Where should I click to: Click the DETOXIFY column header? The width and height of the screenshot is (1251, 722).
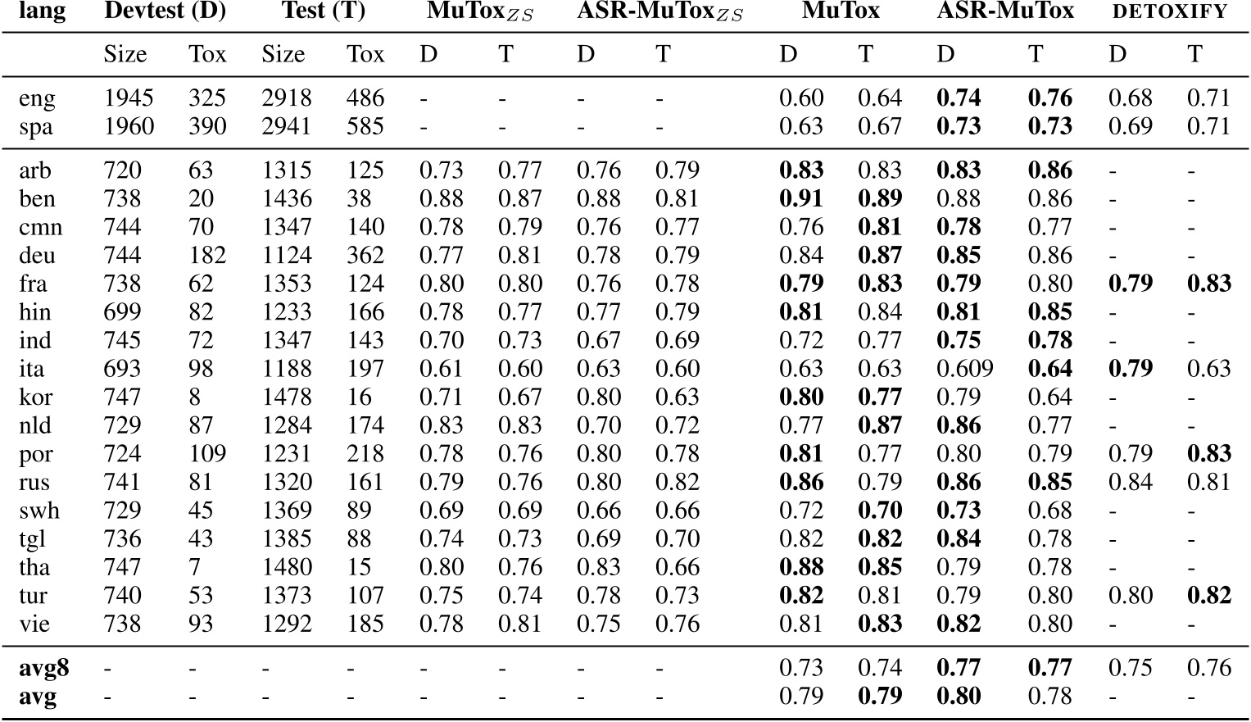click(1168, 11)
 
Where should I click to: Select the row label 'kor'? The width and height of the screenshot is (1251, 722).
click(36, 397)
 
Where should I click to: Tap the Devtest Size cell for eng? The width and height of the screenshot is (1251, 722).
click(129, 98)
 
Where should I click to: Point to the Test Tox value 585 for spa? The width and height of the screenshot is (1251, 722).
click(365, 127)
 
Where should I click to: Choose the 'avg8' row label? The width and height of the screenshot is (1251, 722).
click(44, 668)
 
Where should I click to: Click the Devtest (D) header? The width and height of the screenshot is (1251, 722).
click(165, 11)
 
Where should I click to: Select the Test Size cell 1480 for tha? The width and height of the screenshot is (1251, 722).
click(287, 568)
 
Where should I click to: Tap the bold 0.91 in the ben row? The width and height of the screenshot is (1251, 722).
click(801, 199)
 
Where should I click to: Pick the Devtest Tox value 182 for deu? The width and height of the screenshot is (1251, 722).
click(206, 256)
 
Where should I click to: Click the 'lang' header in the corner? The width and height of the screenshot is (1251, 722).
click(42, 11)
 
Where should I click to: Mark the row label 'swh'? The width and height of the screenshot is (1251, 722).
click(39, 511)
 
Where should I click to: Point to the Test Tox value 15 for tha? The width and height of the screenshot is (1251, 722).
click(359, 568)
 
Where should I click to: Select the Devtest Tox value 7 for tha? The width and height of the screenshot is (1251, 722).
click(194, 568)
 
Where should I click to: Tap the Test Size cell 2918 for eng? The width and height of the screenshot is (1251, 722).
click(287, 98)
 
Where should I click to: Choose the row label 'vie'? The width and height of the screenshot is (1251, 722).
click(34, 624)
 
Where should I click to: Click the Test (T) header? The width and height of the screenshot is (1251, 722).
click(324, 11)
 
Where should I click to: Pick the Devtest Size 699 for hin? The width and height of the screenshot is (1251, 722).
click(122, 312)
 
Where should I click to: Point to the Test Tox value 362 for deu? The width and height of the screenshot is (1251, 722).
click(365, 256)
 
